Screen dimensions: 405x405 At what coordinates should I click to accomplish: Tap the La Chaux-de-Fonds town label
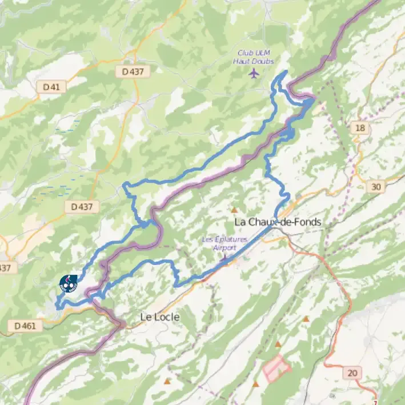(x=278, y=222)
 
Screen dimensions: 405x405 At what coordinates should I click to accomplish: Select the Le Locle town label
(x=160, y=316)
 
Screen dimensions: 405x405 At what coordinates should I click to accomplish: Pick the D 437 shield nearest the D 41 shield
(x=133, y=72)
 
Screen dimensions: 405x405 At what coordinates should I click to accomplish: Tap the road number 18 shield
(x=359, y=128)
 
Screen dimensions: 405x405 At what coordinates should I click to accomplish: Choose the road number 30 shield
(x=375, y=187)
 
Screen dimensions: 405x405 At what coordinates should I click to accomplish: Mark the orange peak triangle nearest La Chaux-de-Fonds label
(x=234, y=210)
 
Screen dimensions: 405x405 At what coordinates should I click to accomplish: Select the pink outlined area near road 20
(x=277, y=368)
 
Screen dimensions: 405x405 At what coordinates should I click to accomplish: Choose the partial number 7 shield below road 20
(x=375, y=403)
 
